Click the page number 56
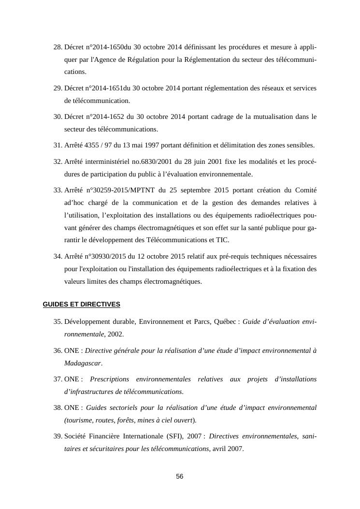(x=180, y=477)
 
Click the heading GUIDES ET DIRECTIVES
(x=81, y=304)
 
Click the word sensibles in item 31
(x=300, y=145)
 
